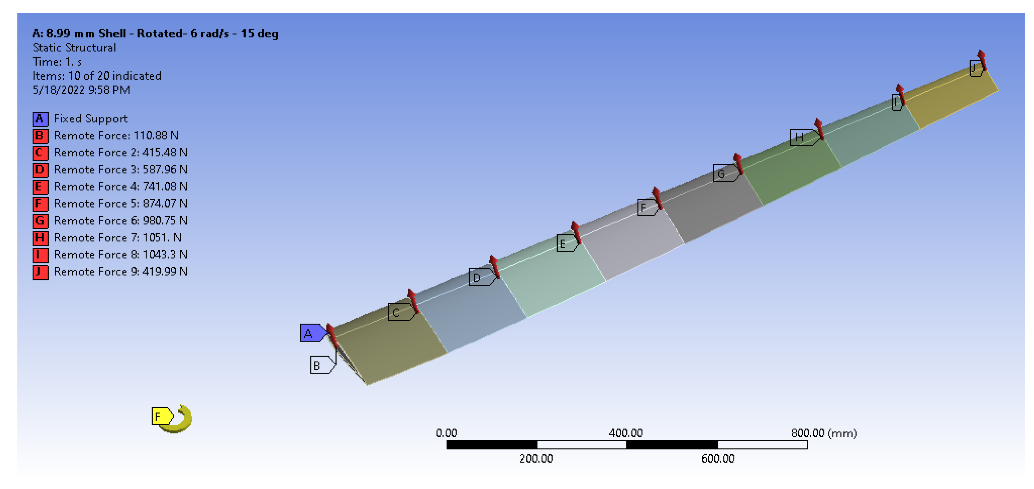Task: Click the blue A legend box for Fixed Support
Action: tap(40, 119)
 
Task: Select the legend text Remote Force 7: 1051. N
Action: tap(118, 237)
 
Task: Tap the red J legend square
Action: tap(40, 272)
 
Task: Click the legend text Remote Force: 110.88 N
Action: tap(116, 136)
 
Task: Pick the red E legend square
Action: tap(40, 187)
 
